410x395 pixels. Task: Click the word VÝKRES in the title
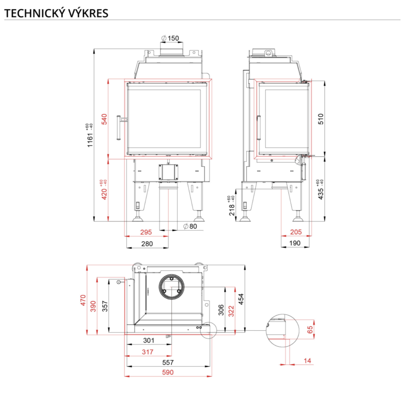pyautogui.click(x=88, y=13)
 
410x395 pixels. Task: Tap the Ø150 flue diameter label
pyautogui.click(x=170, y=38)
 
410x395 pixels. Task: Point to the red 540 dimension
pyautogui.click(x=104, y=119)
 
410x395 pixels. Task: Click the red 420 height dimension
pyautogui.click(x=104, y=194)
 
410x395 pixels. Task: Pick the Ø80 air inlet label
pyautogui.click(x=190, y=226)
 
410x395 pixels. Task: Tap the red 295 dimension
pyautogui.click(x=146, y=232)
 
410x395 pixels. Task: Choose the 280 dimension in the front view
pyautogui.click(x=147, y=244)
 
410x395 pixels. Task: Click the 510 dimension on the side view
pyautogui.click(x=321, y=119)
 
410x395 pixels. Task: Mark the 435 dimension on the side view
pyautogui.click(x=321, y=193)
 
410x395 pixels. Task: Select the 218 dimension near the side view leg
pyautogui.click(x=232, y=209)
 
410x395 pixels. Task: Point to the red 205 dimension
pyautogui.click(x=296, y=232)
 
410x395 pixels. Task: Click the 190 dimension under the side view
pyautogui.click(x=295, y=243)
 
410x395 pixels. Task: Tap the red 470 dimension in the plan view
pyautogui.click(x=83, y=300)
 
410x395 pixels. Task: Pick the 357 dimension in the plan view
pyautogui.click(x=105, y=306)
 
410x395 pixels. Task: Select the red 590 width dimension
pyautogui.click(x=168, y=372)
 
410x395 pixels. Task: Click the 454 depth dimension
pyautogui.click(x=241, y=299)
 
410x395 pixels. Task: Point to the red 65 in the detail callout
pyautogui.click(x=310, y=330)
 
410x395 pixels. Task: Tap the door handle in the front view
pyautogui.click(x=119, y=128)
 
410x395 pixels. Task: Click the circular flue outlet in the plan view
pyautogui.click(x=172, y=287)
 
